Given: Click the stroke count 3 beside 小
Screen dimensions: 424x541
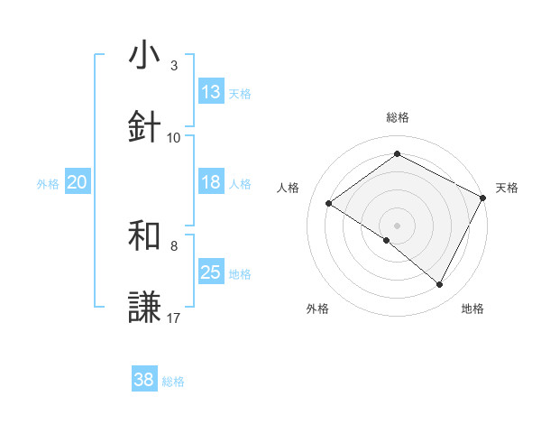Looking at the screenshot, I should coord(174,66).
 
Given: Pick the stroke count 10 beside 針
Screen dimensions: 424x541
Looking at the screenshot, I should coord(174,137).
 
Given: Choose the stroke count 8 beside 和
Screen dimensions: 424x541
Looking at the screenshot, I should coord(174,245).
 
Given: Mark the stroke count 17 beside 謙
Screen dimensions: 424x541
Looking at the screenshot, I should coord(174,318).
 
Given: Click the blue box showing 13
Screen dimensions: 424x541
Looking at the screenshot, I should coord(211,92).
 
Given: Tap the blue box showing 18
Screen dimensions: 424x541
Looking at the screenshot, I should coord(211,182).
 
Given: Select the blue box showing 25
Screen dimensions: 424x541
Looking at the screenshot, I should coord(211,272).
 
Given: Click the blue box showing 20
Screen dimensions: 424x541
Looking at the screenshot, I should coord(78,182).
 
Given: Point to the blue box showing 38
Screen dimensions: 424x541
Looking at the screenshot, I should coord(144,381).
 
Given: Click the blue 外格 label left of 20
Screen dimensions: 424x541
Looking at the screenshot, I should coord(48,183).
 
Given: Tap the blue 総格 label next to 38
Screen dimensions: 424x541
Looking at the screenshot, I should coord(173,382).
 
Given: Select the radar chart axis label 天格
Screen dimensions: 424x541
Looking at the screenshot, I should coord(507,188).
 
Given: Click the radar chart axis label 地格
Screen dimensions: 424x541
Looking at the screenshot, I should coord(472,309).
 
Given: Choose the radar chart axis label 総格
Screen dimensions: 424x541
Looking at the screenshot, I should coord(398,117).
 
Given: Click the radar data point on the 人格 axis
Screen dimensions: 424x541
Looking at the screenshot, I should coord(329,204).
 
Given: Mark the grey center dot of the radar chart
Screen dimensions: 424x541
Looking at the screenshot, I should coord(397,225).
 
